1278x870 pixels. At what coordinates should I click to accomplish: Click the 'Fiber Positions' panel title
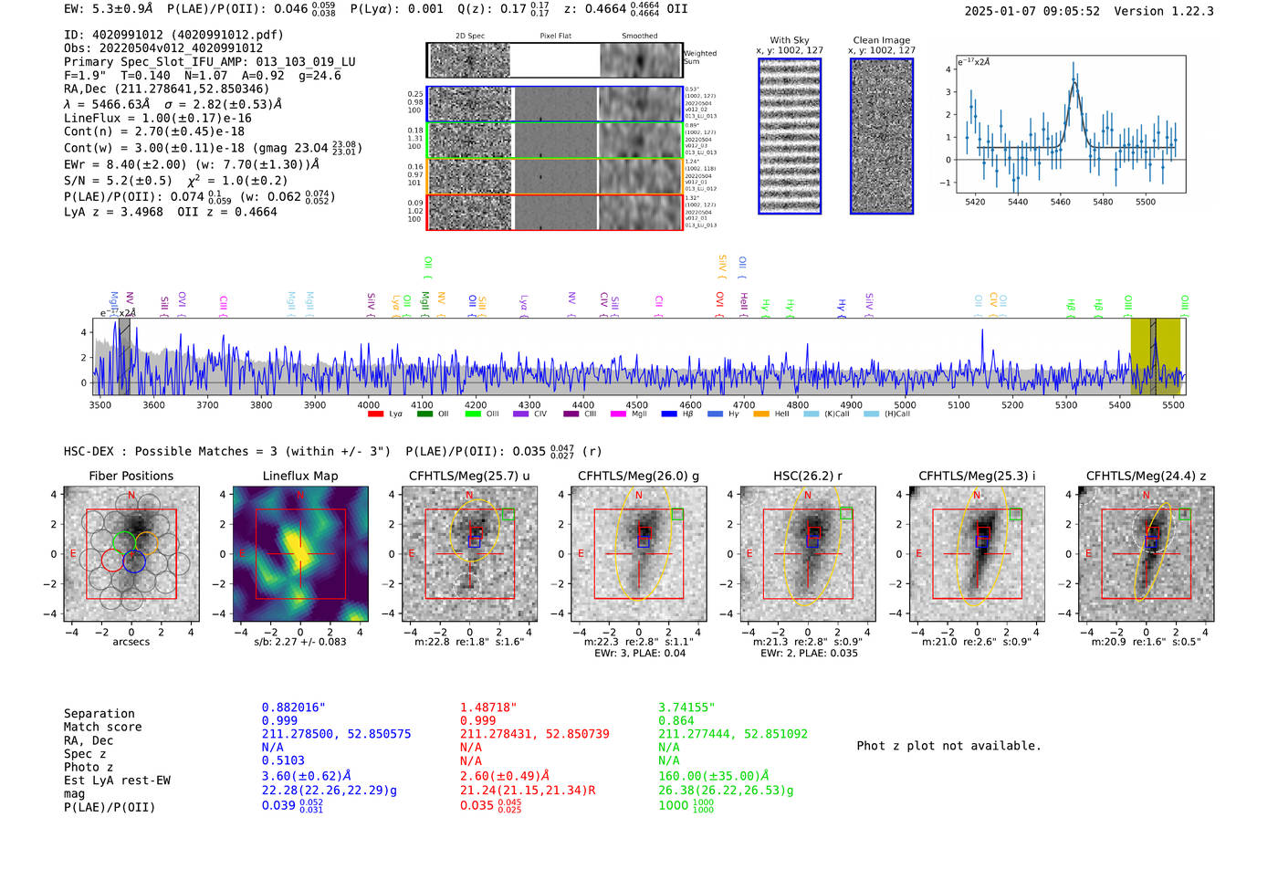131,476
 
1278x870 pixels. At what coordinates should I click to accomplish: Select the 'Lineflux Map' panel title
299,476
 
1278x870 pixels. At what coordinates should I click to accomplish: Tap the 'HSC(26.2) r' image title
807,476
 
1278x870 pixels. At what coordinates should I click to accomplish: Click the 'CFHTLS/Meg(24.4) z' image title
1146,476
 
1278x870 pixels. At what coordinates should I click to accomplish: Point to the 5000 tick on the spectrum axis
905,405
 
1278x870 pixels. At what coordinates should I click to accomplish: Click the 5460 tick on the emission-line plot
1060,202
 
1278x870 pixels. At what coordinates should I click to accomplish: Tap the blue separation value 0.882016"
293,708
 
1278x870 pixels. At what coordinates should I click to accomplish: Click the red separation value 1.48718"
487,708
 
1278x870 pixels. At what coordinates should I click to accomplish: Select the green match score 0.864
676,721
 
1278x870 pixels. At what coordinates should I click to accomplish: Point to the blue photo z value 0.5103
283,760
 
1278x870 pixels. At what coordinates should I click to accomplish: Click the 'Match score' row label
102,728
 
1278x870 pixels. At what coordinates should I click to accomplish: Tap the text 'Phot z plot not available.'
948,746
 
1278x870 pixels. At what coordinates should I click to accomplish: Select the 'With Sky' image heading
789,40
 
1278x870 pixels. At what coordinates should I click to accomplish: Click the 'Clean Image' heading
881,40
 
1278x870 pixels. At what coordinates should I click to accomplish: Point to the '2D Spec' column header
469,37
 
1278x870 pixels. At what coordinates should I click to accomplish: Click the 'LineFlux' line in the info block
157,118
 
